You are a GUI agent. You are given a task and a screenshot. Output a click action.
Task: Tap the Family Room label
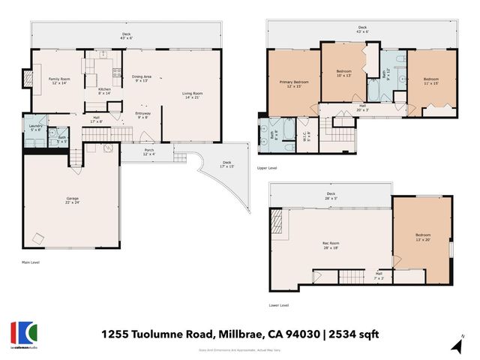pyautogui.click(x=58, y=81)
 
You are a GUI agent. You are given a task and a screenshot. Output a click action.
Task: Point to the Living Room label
pyautogui.click(x=193, y=95)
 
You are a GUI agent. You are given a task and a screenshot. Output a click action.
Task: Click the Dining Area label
pyautogui.click(x=142, y=79)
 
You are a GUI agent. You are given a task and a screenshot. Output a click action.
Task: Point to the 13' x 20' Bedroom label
pyautogui.click(x=424, y=238)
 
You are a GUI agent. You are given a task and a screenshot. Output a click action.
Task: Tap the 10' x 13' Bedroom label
pyautogui.click(x=343, y=73)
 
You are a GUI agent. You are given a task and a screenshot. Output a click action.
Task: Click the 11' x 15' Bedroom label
pyautogui.click(x=430, y=81)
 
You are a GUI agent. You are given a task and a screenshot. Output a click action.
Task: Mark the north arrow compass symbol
pyautogui.click(x=457, y=344)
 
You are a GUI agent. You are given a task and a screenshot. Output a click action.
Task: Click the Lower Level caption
pyautogui.click(x=278, y=305)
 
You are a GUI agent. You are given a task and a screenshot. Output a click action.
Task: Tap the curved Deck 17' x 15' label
pyautogui.click(x=226, y=165)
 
